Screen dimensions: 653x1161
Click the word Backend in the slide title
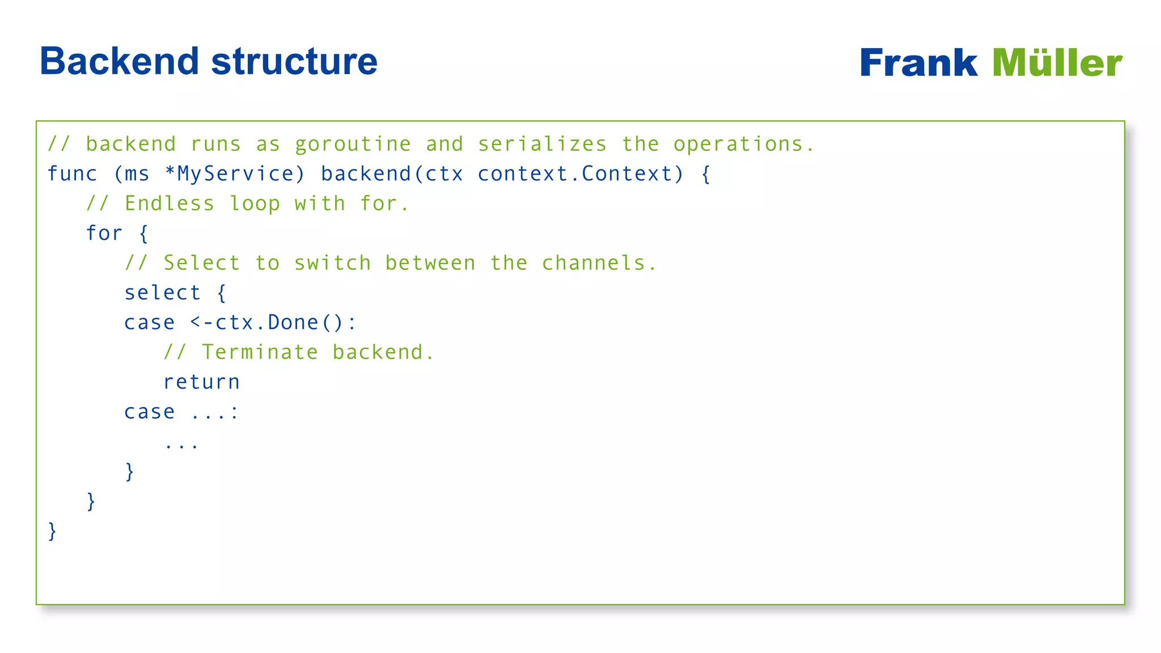(x=120, y=61)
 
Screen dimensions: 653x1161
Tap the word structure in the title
(x=294, y=61)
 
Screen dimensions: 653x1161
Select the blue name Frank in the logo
(x=918, y=63)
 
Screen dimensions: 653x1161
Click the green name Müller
(x=1057, y=63)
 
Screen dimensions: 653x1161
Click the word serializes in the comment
(x=542, y=145)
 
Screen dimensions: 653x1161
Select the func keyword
(x=72, y=174)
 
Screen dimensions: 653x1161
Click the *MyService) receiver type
(x=235, y=174)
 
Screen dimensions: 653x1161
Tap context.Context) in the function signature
(x=581, y=174)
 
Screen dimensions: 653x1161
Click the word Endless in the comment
(x=170, y=203)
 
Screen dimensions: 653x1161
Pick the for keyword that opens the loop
(x=104, y=234)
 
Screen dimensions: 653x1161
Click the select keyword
(x=163, y=293)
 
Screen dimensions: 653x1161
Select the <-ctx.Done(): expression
(x=273, y=323)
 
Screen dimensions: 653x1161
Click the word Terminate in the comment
(x=260, y=353)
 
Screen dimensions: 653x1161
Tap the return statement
(x=202, y=383)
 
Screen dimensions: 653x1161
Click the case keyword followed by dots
(x=150, y=412)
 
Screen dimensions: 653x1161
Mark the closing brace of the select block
(x=130, y=472)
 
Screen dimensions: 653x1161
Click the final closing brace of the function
(x=52, y=531)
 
